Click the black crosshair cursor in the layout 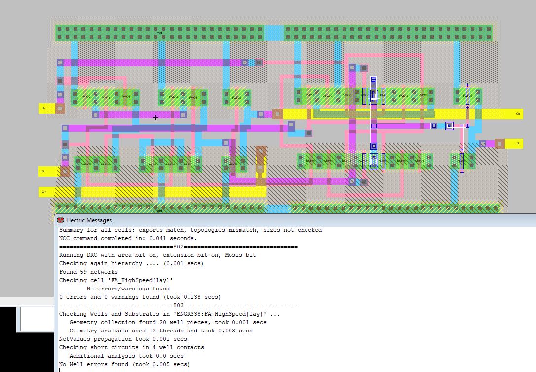(x=155, y=118)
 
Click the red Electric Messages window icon (x=60, y=220)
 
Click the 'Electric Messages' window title (x=89, y=220)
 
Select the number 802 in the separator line (x=178, y=247)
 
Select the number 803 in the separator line (x=178, y=305)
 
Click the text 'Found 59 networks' (x=88, y=272)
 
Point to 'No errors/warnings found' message (x=128, y=289)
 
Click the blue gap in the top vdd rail (x=274, y=33)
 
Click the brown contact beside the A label (x=60, y=108)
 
